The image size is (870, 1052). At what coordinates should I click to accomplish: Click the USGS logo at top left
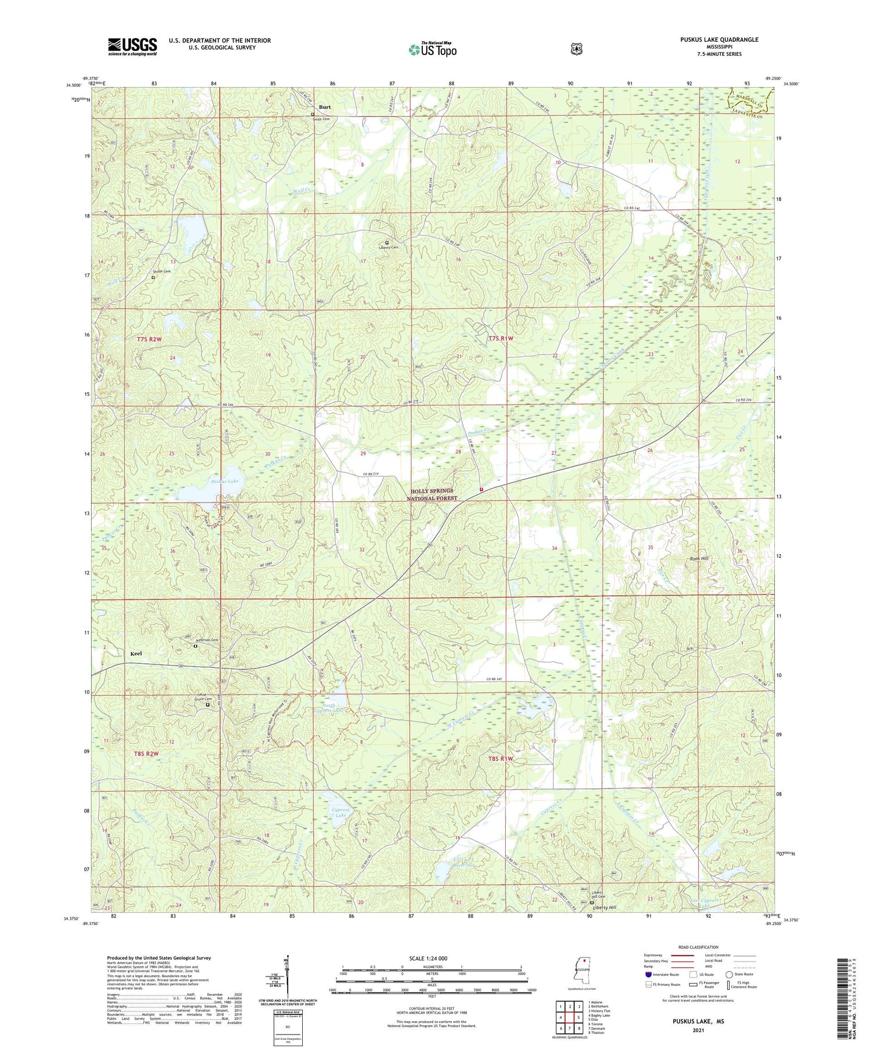pyautogui.click(x=132, y=46)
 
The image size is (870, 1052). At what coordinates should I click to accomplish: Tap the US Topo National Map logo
pyautogui.click(x=433, y=49)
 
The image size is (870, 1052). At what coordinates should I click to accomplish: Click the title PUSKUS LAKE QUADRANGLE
pyautogui.click(x=719, y=39)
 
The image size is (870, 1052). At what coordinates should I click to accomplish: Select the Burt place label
pyautogui.click(x=325, y=107)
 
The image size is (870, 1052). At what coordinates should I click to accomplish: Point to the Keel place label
pyautogui.click(x=136, y=653)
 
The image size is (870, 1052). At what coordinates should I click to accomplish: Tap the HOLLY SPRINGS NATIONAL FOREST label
pyautogui.click(x=432, y=494)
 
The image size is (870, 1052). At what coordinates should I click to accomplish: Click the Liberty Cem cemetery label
pyautogui.click(x=389, y=248)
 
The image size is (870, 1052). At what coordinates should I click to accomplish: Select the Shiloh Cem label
pyautogui.click(x=162, y=272)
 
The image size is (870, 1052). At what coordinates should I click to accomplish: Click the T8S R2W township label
pyautogui.click(x=147, y=753)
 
